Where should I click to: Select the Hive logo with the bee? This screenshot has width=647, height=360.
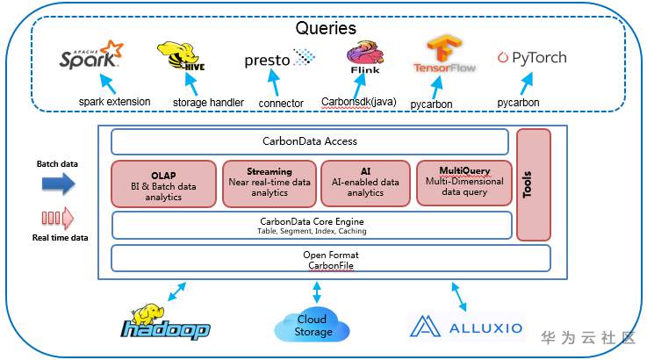coord(181,58)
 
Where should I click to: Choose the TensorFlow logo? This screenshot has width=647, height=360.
coord(443,55)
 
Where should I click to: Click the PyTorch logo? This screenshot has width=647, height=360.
coord(531,58)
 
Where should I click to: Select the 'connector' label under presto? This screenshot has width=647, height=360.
coord(281,103)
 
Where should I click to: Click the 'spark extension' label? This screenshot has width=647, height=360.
coord(114,102)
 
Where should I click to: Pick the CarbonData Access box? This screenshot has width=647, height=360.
coord(310,141)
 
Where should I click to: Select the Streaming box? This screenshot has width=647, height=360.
coord(269,181)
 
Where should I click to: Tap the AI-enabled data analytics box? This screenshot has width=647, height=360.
coord(365,181)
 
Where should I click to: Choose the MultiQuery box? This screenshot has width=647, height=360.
coord(463,182)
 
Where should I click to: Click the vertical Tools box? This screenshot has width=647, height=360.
coord(534,184)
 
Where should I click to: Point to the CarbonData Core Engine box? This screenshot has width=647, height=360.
coord(312,225)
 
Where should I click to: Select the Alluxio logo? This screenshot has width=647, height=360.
coord(467,328)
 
